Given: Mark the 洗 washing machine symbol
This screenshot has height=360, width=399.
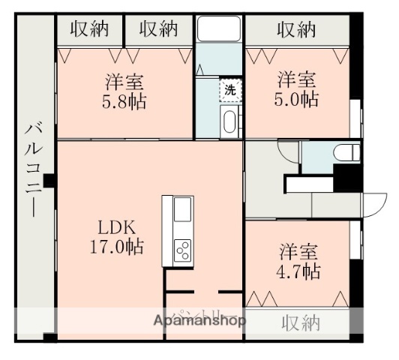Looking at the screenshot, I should pos(229,89).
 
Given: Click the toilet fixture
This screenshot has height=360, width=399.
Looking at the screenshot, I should pos(346,155).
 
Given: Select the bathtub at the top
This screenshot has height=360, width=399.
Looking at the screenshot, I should pos(218,30).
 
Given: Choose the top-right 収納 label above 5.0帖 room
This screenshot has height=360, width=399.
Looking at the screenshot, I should pos(296,29).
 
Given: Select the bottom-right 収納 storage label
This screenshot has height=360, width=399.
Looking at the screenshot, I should pos(301,323).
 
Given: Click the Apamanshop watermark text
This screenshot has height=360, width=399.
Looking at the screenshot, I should pos(199,321).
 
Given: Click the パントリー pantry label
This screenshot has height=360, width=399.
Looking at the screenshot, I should pos(196,315).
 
